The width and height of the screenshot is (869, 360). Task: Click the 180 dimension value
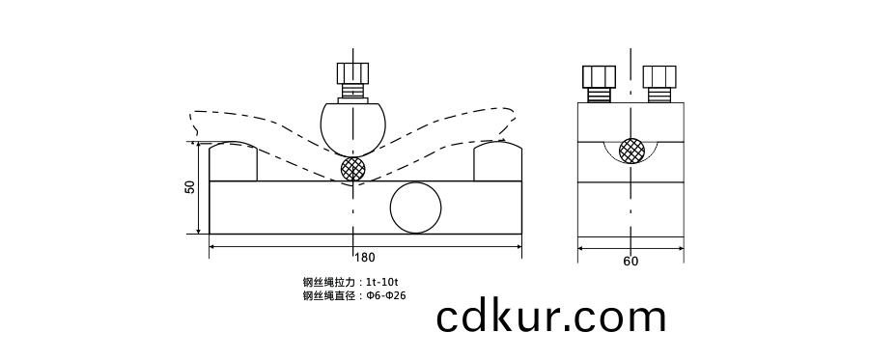click(x=365, y=258)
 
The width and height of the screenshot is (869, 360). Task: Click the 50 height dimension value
click(x=190, y=187)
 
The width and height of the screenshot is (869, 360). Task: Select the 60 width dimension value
click(x=631, y=262)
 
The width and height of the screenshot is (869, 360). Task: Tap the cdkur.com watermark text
click(x=551, y=317)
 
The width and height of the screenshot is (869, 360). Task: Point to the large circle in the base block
click(x=416, y=208)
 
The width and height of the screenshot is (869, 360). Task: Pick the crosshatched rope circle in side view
click(x=631, y=150)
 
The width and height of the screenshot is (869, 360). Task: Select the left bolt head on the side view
click(x=599, y=76)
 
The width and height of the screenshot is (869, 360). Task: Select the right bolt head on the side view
click(x=659, y=76)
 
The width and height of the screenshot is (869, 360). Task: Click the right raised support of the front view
click(x=497, y=161)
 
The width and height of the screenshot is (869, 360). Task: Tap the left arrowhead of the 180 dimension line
click(x=213, y=247)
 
